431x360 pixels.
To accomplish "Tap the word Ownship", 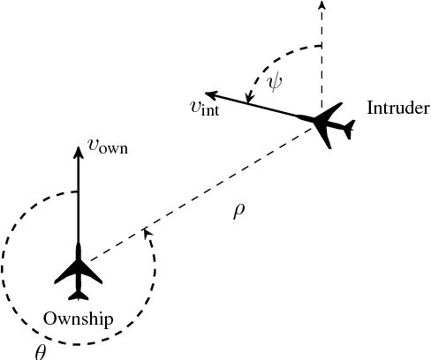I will (79, 319).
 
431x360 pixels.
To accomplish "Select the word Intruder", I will (397, 109).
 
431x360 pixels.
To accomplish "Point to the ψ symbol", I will (276, 81).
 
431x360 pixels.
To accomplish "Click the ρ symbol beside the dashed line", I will (238, 213).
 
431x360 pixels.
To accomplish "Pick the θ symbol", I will (40, 350).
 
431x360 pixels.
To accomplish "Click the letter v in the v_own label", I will (93, 146).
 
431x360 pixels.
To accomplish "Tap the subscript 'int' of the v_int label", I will (210, 112).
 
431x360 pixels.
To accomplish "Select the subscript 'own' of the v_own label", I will (113, 150).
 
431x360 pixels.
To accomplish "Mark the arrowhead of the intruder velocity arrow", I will (209, 92).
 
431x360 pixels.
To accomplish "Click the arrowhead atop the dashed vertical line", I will (321, 5).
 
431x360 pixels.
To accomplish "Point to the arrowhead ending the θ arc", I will (146, 232).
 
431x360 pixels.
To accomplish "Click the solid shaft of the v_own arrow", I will (78, 194).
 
